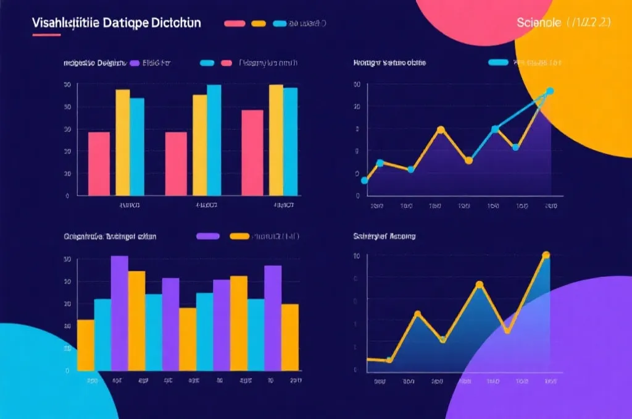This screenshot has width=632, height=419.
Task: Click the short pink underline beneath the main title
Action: tap(46, 35)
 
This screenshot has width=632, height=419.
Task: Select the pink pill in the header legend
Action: tap(235, 23)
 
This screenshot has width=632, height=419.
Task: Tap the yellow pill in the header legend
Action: tap(259, 23)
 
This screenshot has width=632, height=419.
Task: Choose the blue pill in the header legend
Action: tap(280, 23)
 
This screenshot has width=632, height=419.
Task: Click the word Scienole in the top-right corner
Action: tap(538, 23)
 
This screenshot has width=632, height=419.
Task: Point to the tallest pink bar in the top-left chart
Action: tap(252, 153)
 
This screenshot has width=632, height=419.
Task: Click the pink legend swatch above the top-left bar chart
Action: tap(226, 63)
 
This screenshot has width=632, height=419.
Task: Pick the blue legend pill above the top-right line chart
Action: tap(498, 62)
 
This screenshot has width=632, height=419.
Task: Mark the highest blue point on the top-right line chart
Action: tap(550, 91)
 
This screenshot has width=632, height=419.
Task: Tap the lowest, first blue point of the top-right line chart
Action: tap(364, 180)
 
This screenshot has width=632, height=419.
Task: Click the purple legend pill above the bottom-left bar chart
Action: tap(208, 236)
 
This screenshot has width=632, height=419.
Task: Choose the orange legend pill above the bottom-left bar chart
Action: tap(239, 236)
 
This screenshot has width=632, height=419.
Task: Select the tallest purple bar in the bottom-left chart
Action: tap(120, 313)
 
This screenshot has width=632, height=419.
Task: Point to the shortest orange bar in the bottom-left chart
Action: tap(86, 344)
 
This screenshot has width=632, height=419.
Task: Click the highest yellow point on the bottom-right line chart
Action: tap(546, 255)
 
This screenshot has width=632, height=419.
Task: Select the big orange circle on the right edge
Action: tap(580, 87)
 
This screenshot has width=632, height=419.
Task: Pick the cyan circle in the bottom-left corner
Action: tap(43, 377)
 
